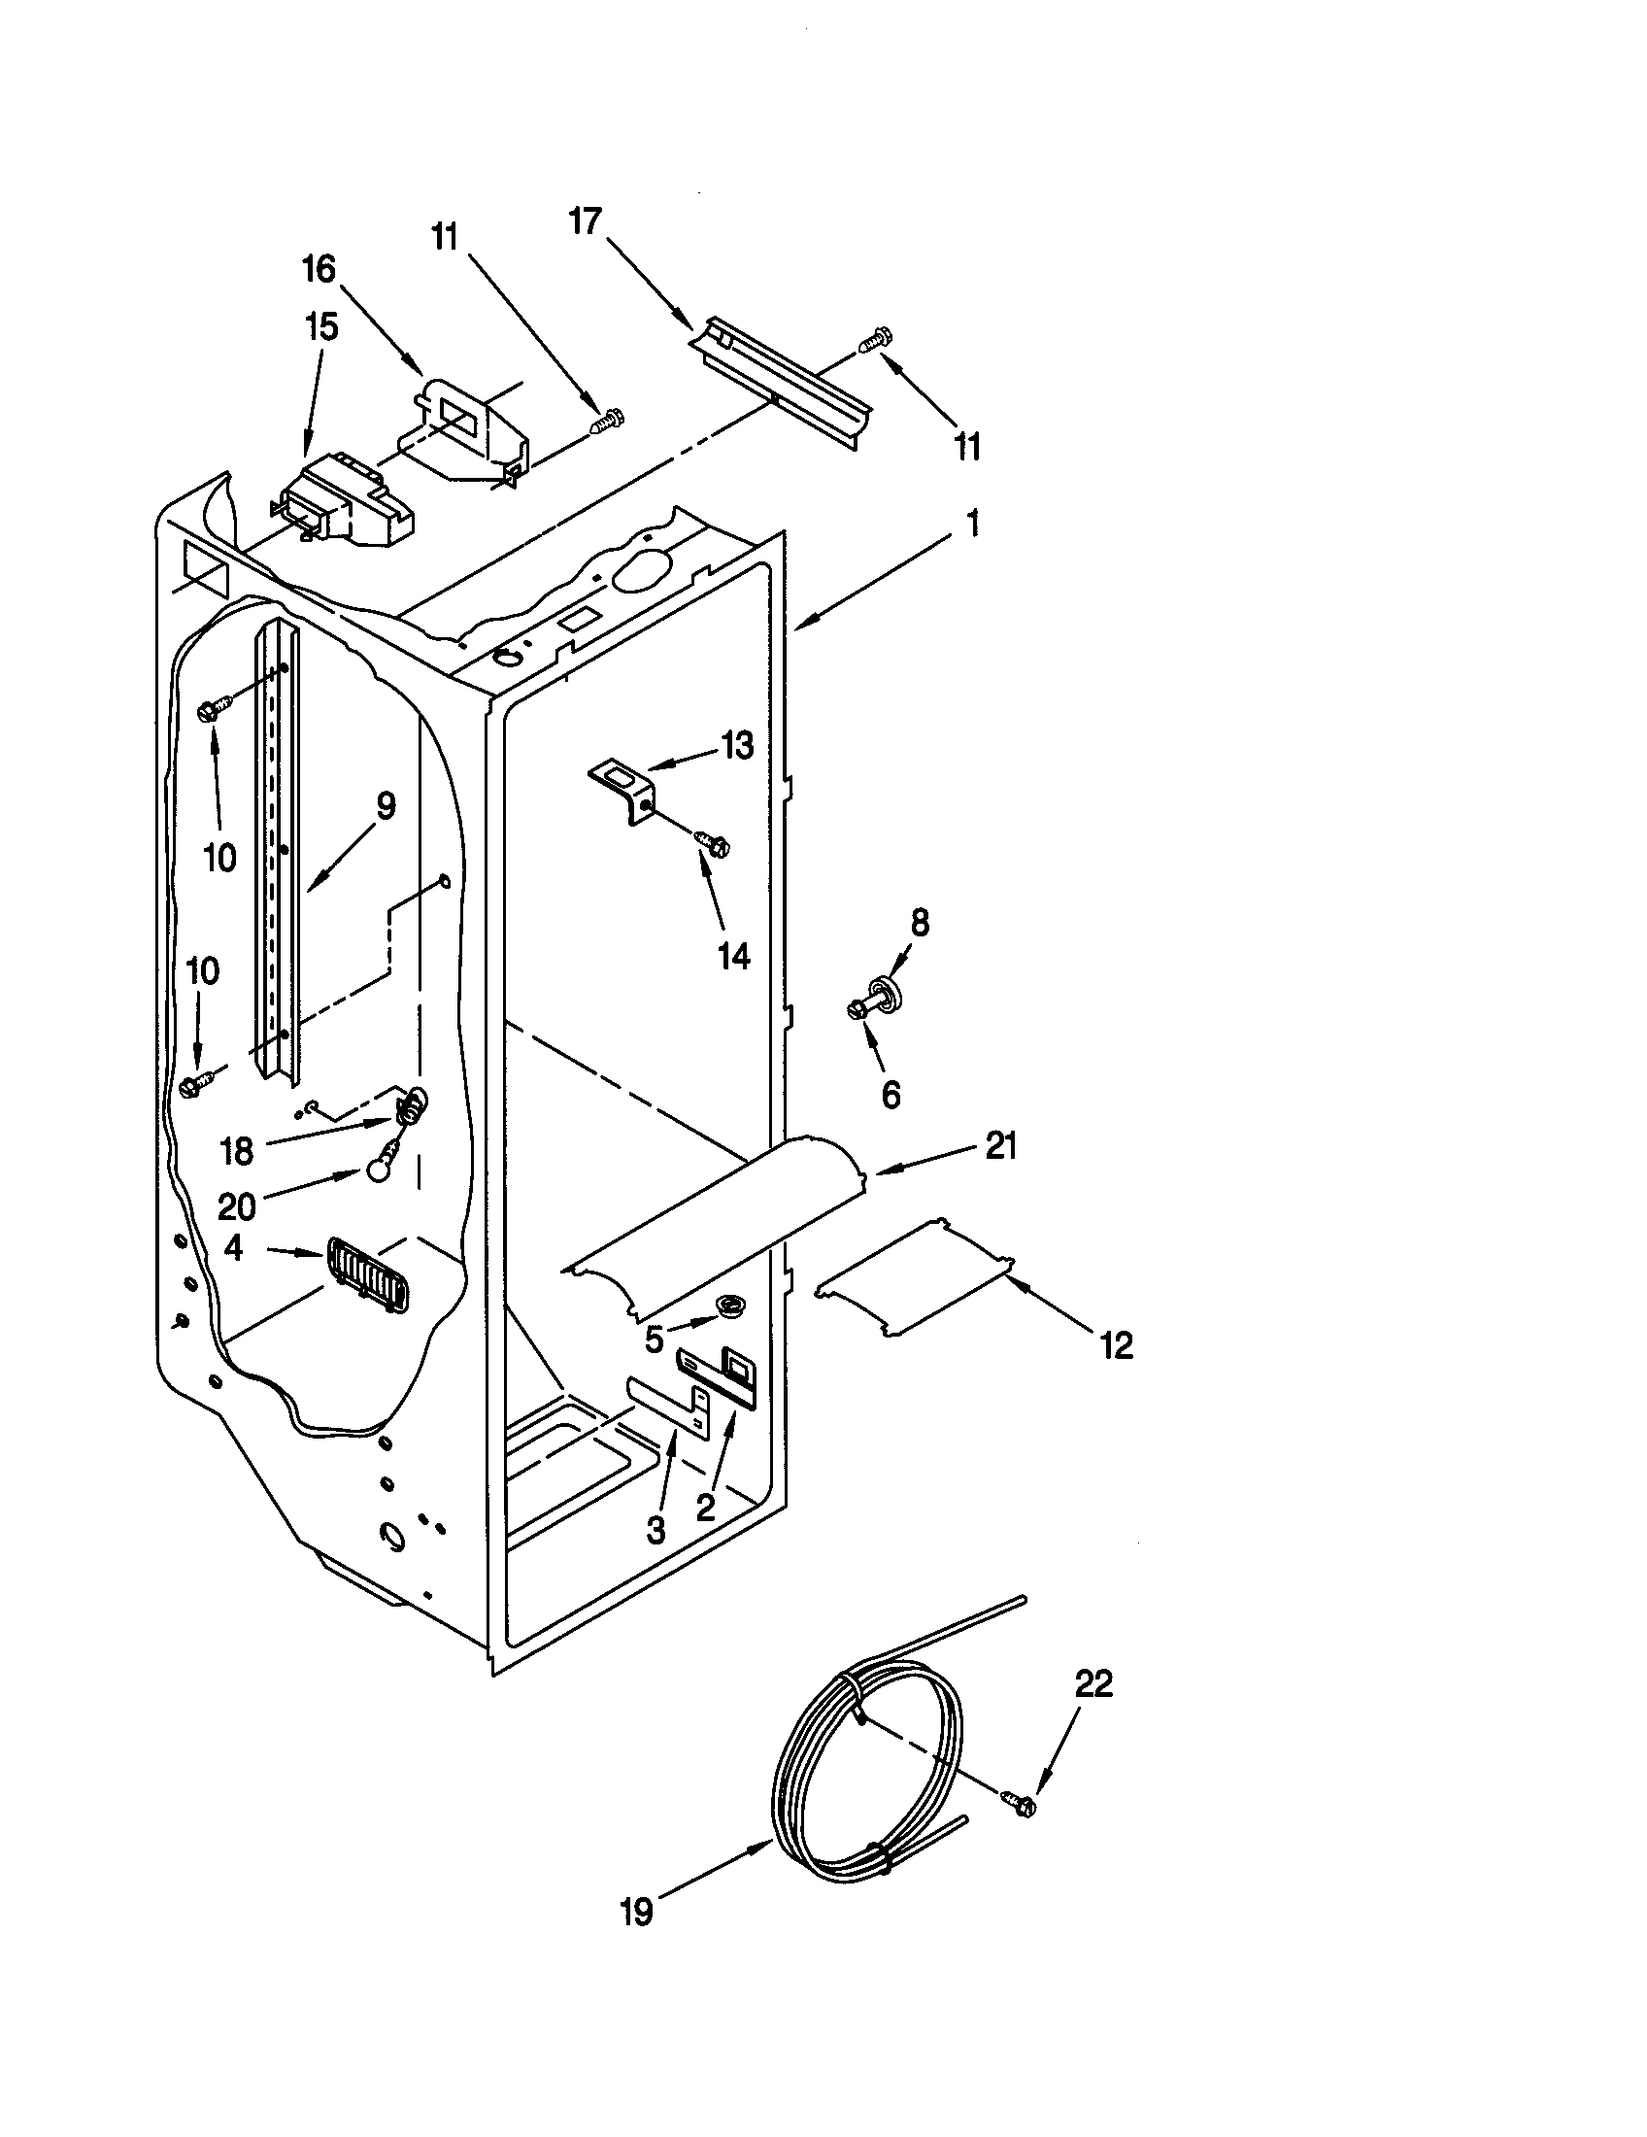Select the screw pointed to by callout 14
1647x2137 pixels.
tap(714, 842)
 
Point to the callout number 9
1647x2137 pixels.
tap(386, 808)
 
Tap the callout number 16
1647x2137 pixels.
tap(319, 269)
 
